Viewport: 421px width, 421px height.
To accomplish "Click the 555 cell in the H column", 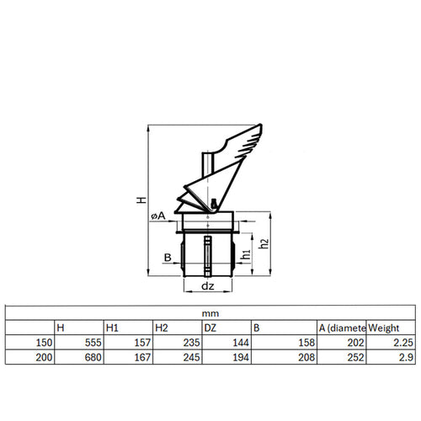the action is coord(93,343).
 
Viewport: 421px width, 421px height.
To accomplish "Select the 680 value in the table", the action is coord(93,357).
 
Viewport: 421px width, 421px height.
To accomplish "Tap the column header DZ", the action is coord(210,328).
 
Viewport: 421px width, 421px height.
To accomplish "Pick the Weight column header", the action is coord(383,328).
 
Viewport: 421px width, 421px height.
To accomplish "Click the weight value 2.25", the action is coord(403,343).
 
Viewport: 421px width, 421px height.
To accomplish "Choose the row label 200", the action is coord(44,357).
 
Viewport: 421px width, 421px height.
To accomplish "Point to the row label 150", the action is coord(44,343).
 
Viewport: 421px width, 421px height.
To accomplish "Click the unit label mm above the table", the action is coord(210,313).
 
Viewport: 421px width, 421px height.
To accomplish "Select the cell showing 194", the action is coord(241,357).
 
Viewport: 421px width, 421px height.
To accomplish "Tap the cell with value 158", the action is coord(306,343).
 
